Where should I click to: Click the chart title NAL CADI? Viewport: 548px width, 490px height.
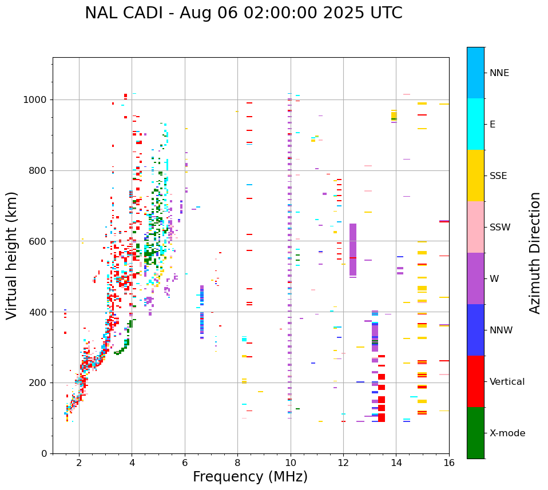tap(243, 13)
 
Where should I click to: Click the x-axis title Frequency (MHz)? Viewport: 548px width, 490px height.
tap(250, 477)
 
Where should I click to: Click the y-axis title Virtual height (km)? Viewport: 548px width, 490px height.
tap(12, 256)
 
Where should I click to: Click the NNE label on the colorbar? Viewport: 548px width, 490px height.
tap(499, 73)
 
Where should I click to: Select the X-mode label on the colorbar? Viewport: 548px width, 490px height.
tap(507, 433)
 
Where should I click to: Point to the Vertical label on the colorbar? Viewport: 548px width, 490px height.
tap(507, 382)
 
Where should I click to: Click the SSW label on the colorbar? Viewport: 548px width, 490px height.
tap(500, 228)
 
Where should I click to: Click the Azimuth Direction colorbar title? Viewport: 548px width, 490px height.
tap(535, 253)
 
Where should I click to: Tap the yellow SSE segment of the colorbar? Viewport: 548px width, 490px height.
tap(475, 176)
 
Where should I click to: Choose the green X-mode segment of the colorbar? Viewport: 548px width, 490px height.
tap(475, 433)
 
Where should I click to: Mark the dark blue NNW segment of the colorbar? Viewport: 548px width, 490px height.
tap(475, 330)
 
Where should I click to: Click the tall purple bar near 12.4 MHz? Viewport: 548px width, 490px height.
tap(353, 250)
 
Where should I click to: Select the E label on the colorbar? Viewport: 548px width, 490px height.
tap(493, 125)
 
